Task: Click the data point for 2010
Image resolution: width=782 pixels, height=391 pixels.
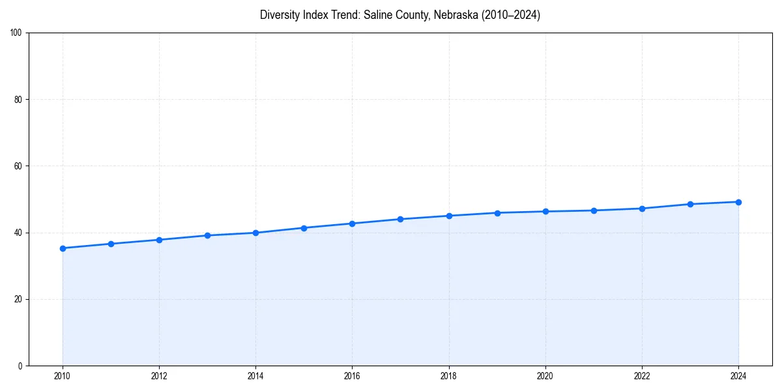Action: point(63,248)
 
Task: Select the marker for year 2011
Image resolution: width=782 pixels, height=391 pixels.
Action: point(111,244)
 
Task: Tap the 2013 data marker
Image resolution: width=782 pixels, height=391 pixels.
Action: point(207,235)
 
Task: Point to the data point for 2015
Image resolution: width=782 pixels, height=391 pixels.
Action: point(304,228)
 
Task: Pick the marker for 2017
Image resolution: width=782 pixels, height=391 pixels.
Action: point(400,219)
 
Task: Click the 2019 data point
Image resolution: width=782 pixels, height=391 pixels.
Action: point(497,213)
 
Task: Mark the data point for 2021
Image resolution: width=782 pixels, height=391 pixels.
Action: point(594,210)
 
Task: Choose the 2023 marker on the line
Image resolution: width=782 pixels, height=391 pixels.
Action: point(690,204)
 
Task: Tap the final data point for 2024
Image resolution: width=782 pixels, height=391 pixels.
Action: point(738,202)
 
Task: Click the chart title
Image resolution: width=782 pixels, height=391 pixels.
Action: point(400,15)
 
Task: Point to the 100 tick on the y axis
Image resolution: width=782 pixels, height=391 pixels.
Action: point(16,33)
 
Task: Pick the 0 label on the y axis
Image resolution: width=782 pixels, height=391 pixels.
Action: point(20,366)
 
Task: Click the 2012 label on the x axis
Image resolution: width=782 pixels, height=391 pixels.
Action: point(159,376)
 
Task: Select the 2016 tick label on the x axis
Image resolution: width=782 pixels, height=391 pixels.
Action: point(352,376)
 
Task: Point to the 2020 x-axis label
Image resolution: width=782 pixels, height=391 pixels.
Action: point(545,376)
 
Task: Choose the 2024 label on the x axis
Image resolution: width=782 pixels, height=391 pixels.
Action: point(738,376)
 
